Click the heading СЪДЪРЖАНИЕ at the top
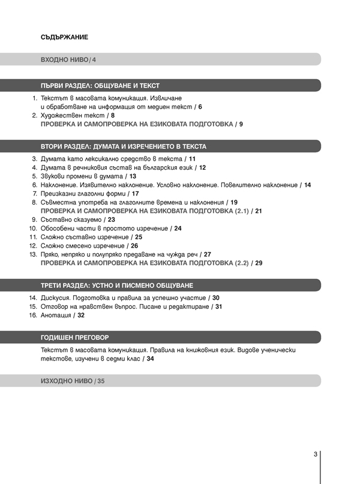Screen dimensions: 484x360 pos(64,37)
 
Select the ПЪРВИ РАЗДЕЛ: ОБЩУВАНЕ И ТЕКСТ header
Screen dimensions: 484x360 pos(100,86)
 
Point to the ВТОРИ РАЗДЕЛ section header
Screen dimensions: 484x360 pos(123,146)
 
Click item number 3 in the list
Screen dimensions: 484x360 pos(34,158)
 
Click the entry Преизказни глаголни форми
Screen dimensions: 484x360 pos(83,194)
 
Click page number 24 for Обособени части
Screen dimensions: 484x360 pos(178,229)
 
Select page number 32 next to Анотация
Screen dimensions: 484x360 pos(80,315)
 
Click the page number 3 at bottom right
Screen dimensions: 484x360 pos(315,454)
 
